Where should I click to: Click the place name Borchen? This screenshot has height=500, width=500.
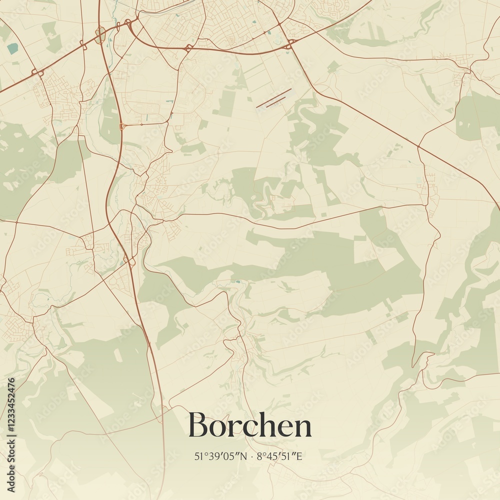250,426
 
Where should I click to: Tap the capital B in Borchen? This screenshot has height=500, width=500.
198,426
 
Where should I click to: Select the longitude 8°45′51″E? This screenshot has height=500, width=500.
281,456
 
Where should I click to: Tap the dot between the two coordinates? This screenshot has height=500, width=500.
251,456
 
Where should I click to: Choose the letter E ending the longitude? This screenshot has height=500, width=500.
302,456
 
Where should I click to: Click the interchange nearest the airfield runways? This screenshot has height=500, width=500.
289,45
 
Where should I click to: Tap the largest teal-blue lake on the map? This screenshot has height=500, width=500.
12,48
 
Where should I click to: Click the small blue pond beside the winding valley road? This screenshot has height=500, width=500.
238,282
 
